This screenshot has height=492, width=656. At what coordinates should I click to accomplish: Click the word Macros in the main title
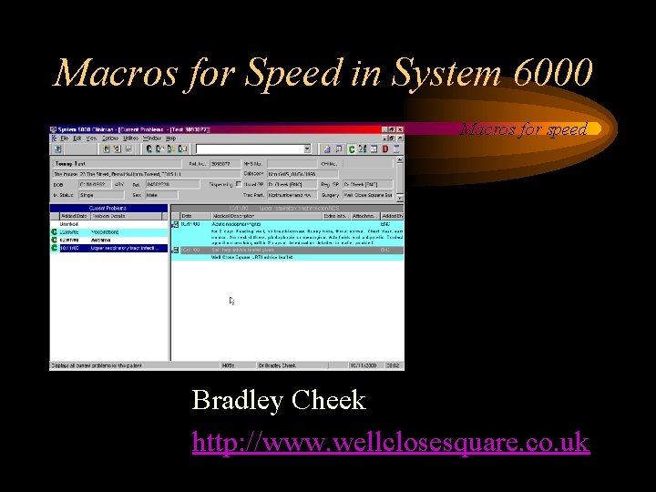click(108, 73)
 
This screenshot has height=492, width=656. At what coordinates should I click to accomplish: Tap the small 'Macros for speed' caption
click(523, 129)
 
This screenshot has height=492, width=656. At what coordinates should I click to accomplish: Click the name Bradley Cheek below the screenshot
click(278, 400)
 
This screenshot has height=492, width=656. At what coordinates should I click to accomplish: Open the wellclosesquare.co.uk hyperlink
click(390, 443)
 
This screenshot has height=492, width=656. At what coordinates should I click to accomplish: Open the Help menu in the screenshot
click(171, 138)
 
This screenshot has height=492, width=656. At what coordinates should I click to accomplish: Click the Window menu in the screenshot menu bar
click(150, 138)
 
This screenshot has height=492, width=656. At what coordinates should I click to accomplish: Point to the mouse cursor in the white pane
click(231, 301)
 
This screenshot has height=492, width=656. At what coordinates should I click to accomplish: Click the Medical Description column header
click(229, 215)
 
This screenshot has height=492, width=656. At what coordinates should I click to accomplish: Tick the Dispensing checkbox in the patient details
click(239, 183)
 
